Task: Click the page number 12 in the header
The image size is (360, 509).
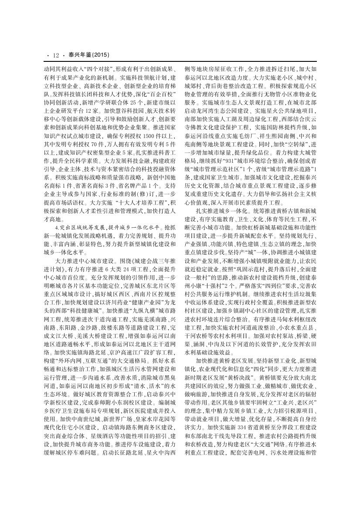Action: coord(55,55)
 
